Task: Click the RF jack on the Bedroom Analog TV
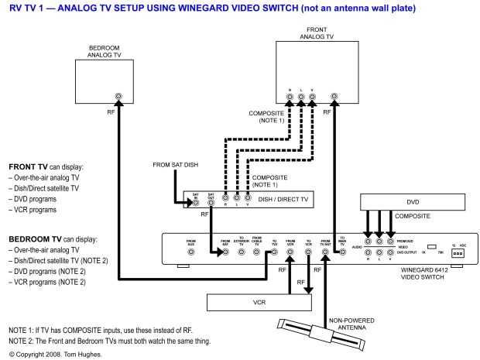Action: [x=118, y=98]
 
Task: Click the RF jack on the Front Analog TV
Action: [x=334, y=98]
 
